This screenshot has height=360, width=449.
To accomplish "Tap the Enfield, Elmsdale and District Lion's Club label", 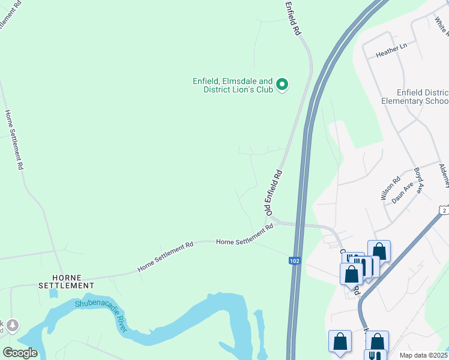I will click(x=232, y=85).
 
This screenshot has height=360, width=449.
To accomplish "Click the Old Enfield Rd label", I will click(x=274, y=193).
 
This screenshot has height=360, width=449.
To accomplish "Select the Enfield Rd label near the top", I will click(x=293, y=19).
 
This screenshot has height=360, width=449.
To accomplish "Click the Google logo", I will click(x=20, y=353).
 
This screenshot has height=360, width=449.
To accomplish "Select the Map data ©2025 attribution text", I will click(x=423, y=355).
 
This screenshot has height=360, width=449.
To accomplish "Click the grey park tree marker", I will click(x=13, y=326).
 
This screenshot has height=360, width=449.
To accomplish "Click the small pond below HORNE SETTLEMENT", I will click(x=54, y=294).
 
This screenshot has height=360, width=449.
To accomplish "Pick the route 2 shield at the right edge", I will click(x=444, y=209).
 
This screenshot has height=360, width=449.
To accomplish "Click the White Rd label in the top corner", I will click(x=441, y=25).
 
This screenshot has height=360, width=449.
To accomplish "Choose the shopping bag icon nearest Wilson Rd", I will click(x=379, y=251).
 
